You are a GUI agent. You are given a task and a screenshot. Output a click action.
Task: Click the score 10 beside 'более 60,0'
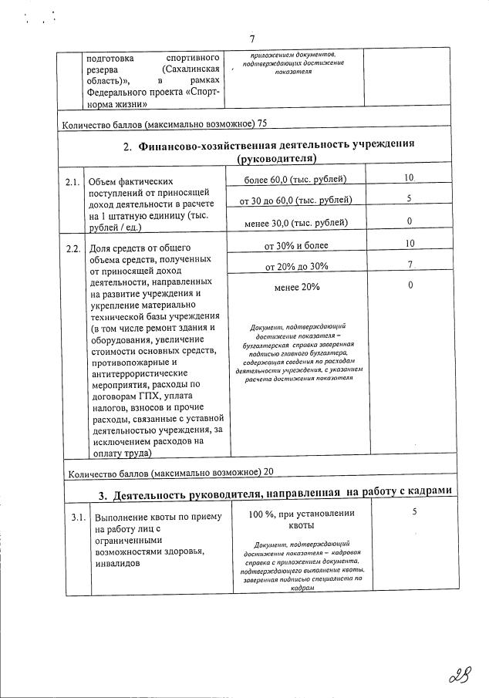pyautogui.click(x=410, y=179)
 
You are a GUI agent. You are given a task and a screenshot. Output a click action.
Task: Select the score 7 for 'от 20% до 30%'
pyautogui.click(x=410, y=266)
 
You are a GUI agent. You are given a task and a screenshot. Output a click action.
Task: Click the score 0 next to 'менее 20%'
pyautogui.click(x=410, y=286)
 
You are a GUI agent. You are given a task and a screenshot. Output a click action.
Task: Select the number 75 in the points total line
pyautogui.click(x=261, y=123)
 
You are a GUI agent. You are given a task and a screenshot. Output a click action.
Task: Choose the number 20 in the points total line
pyautogui.click(x=267, y=472)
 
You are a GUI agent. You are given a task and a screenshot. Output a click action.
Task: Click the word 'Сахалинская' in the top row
pyautogui.click(x=187, y=71)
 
